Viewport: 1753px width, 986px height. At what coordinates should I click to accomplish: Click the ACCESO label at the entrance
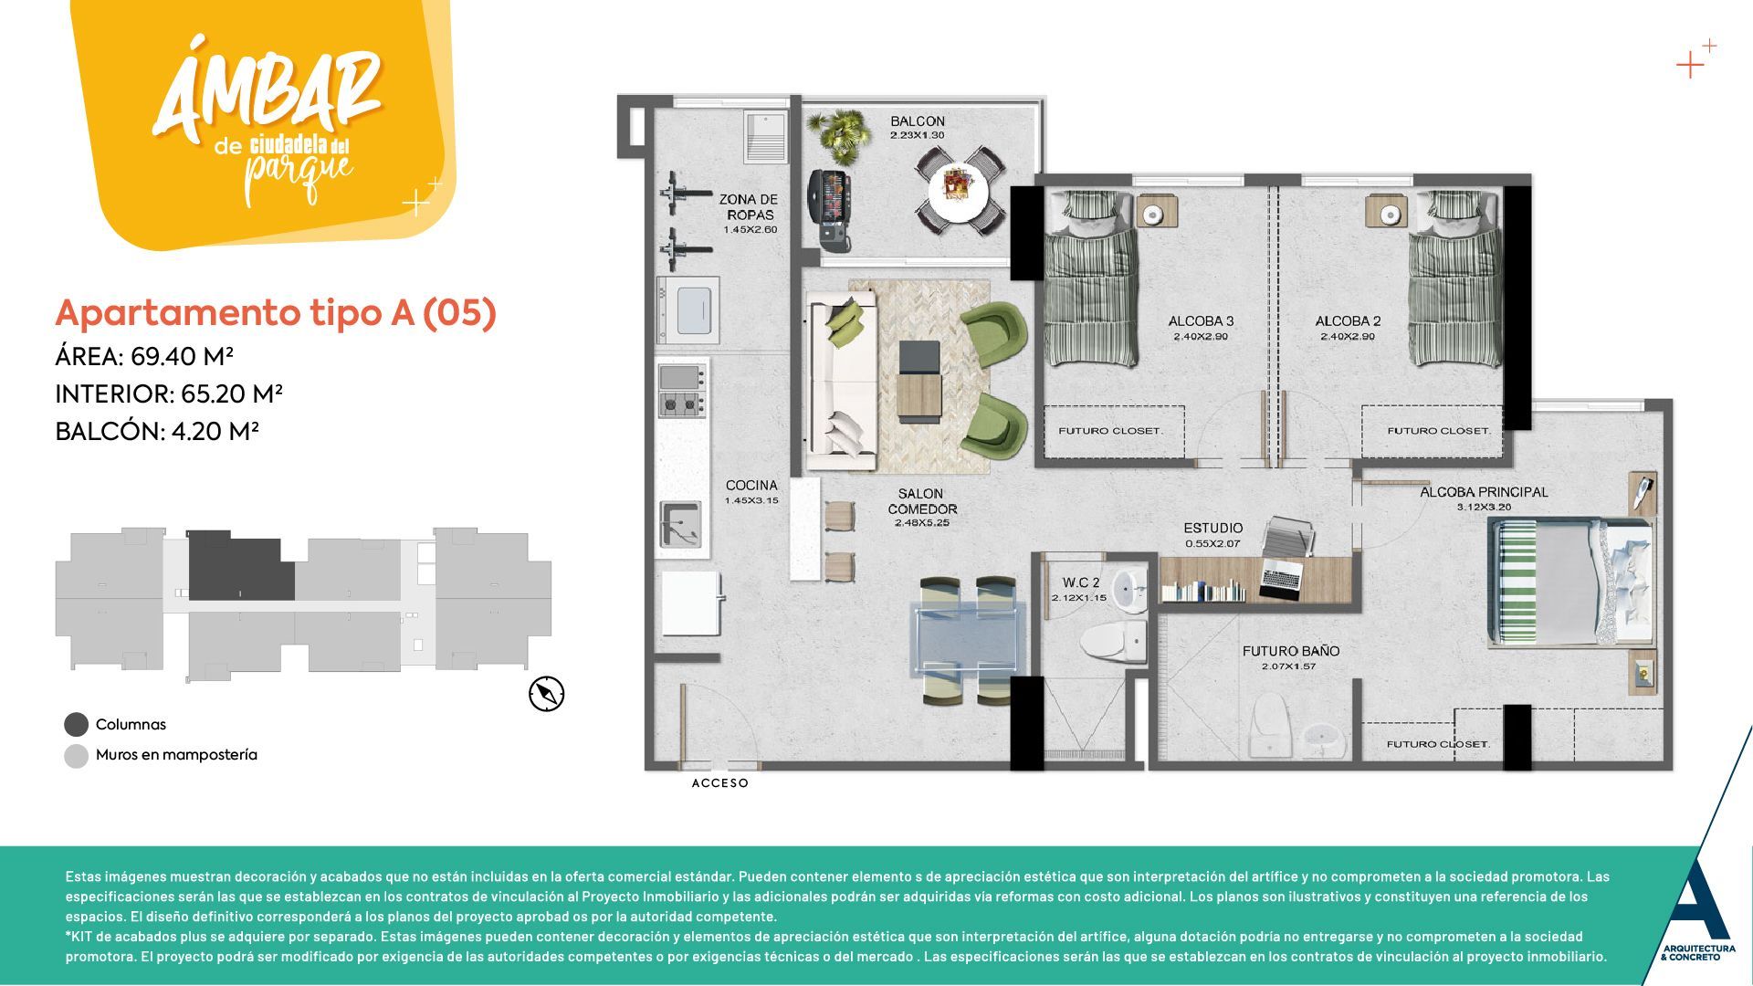coord(719,783)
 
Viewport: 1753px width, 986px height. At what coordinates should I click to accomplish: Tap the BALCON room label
coord(918,121)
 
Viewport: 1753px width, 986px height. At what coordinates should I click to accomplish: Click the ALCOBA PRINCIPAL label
coord(1483,492)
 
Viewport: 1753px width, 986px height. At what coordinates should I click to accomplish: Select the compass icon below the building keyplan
coord(546,694)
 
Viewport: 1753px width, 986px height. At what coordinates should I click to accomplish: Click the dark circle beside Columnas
coord(76,725)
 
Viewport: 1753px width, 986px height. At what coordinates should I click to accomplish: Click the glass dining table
coord(968,639)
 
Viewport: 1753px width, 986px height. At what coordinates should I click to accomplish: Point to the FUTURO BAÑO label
coord(1290,651)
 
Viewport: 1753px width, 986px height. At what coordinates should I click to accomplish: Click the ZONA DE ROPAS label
coord(749,207)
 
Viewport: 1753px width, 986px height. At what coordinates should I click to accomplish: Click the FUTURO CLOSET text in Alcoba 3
coord(1110,431)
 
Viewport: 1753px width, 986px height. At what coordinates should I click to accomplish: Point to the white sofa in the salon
coord(838,379)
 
